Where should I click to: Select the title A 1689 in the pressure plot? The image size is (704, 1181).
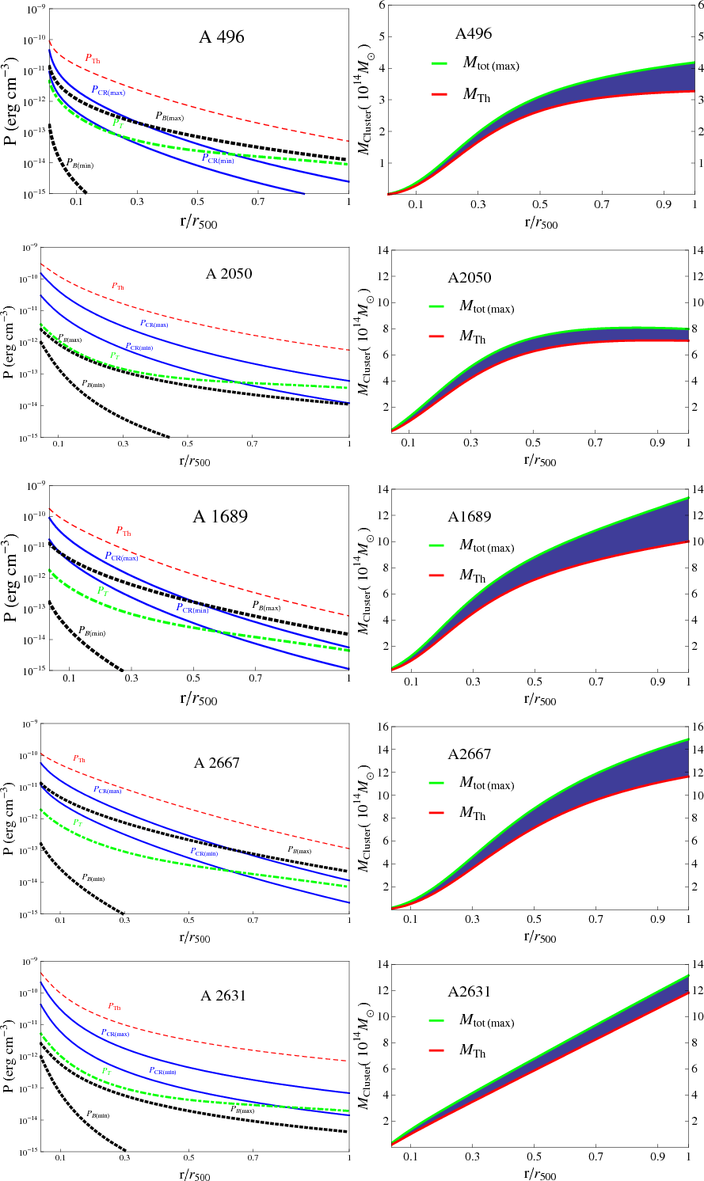click(x=220, y=517)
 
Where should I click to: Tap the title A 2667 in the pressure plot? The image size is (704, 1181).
click(x=217, y=763)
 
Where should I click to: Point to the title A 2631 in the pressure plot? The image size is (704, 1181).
click(x=223, y=996)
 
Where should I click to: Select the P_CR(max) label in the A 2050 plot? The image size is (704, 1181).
click(x=154, y=323)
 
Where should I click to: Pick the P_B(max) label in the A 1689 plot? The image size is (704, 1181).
click(x=266, y=606)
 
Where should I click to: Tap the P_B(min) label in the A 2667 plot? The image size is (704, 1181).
click(x=93, y=878)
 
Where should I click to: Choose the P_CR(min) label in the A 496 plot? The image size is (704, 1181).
click(x=217, y=158)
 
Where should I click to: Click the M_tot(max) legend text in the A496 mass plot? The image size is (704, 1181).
click(x=491, y=64)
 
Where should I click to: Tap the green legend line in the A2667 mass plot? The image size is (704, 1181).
click(x=440, y=784)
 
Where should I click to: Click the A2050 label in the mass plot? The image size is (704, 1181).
click(x=470, y=279)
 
